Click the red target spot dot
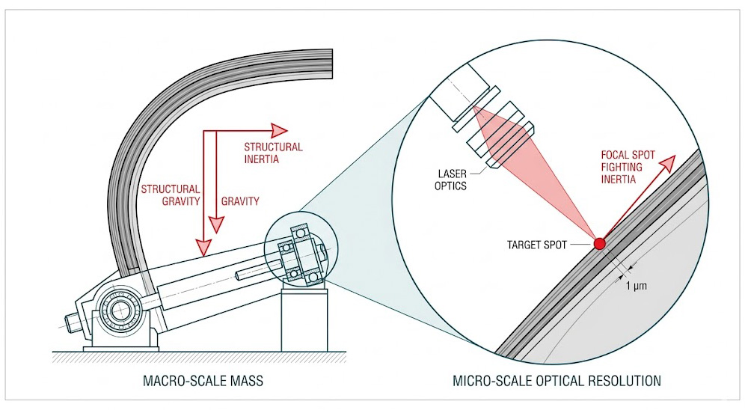pyautogui.click(x=599, y=243)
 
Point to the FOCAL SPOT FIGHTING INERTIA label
pyautogui.click(x=628, y=168)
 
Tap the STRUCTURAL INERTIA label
pyautogui.click(x=273, y=153)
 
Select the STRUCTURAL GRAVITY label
pyautogui.click(x=171, y=195)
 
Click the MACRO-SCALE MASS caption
pyautogui.click(x=203, y=382)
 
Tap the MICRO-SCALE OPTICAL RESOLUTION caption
pyautogui.click(x=557, y=382)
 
